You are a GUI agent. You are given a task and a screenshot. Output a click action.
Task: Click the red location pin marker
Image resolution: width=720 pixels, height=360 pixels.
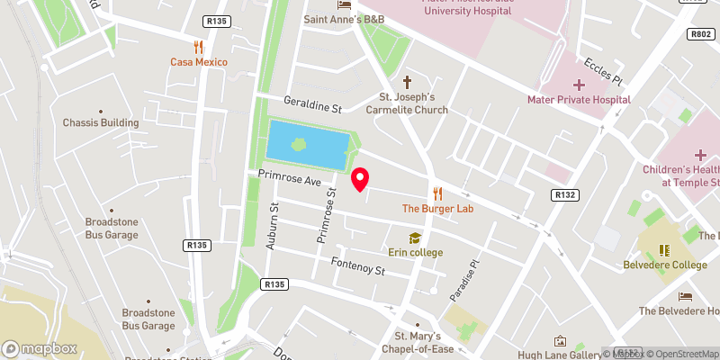coord(360,179)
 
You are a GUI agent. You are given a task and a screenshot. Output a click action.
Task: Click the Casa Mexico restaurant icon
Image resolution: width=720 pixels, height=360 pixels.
coord(199,47)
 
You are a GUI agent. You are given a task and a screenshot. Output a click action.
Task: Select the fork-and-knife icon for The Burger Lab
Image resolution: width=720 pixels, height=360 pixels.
coord(437,193)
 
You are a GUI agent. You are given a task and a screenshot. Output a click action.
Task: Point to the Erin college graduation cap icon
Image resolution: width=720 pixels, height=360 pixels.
coord(415,238)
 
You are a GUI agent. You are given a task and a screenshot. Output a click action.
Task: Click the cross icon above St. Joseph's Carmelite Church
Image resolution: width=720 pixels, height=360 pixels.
coord(407,81)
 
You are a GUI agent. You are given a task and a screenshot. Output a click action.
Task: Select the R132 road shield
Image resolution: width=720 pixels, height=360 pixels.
coord(564,194)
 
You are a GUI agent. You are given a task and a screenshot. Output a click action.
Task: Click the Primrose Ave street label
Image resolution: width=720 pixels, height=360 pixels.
coord(289,180)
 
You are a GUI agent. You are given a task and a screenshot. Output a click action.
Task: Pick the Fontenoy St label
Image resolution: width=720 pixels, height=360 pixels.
coord(357,267)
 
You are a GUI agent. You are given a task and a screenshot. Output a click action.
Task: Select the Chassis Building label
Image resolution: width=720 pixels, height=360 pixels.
coord(101,122)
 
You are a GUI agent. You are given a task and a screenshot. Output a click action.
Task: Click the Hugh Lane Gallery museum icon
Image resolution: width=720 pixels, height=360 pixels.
coord(560,341)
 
